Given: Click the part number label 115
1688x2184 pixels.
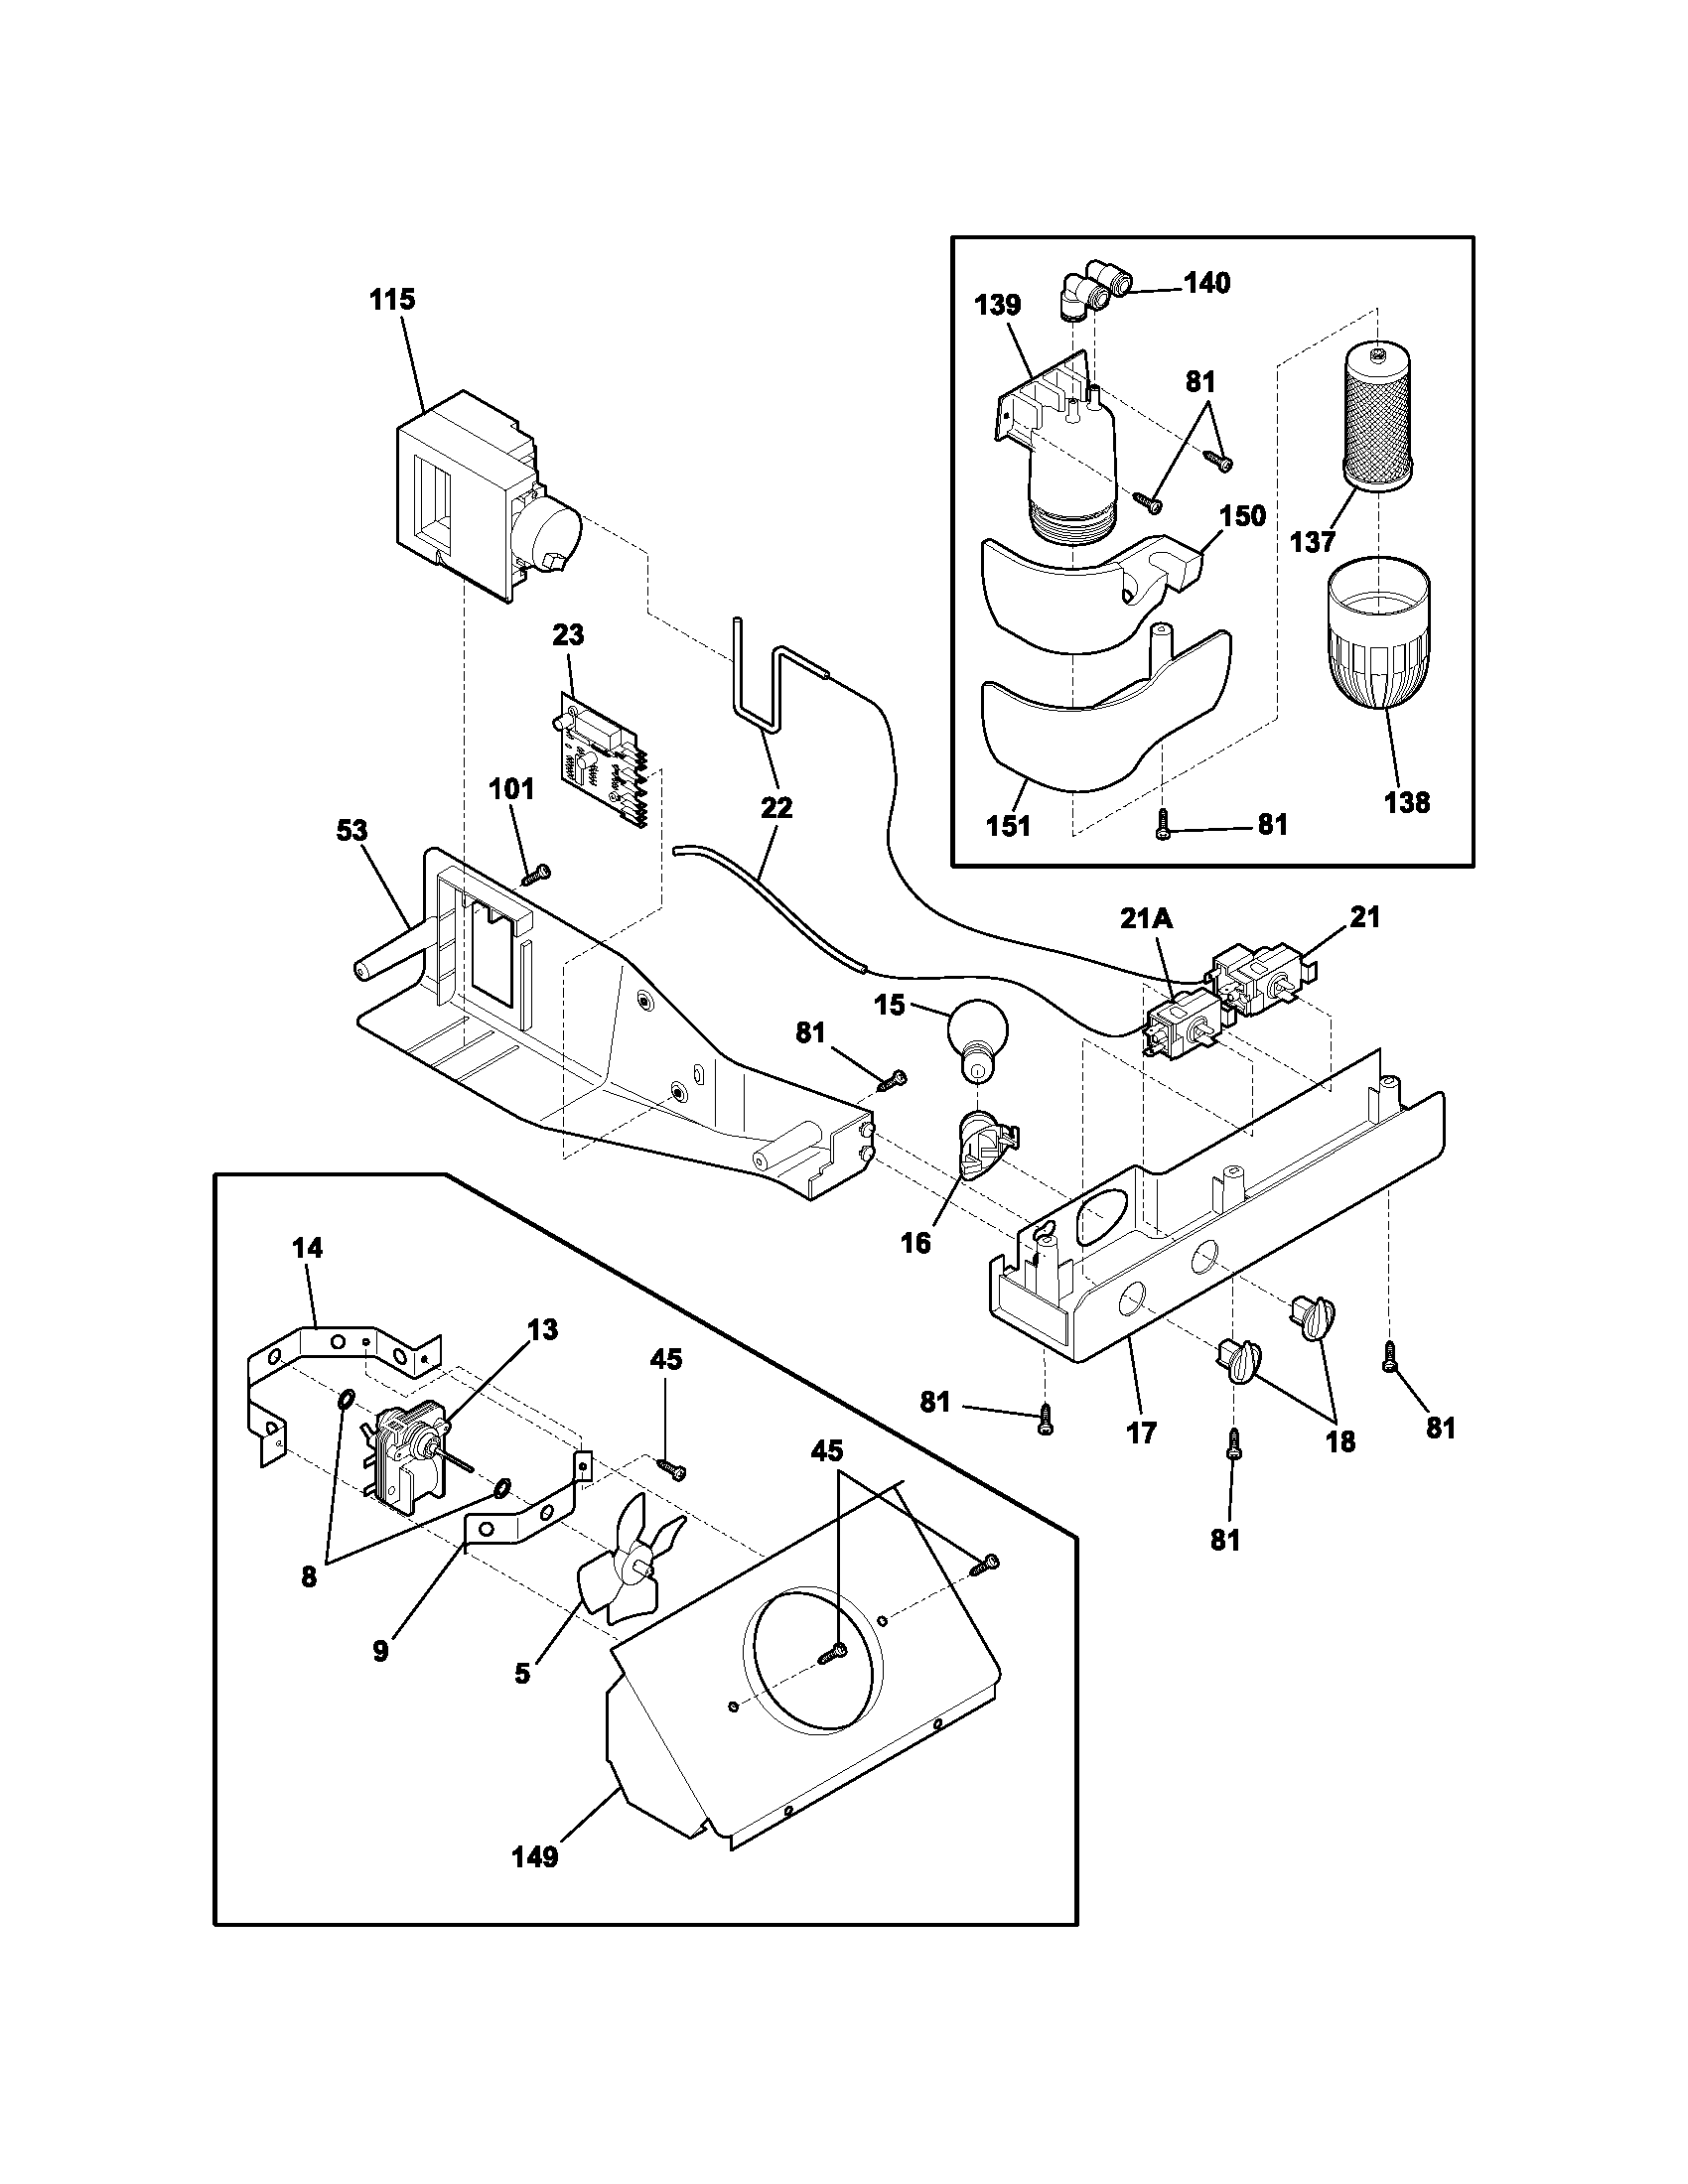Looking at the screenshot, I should [392, 300].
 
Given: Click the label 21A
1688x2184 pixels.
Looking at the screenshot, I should [1147, 918].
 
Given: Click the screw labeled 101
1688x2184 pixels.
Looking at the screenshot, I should [536, 875].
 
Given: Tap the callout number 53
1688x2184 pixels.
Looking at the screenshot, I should [351, 831].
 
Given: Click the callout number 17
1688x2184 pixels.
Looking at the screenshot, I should [1141, 1432].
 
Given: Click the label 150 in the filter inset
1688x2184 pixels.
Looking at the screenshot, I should [1243, 516].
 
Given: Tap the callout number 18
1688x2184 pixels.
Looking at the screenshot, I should [1340, 1441].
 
